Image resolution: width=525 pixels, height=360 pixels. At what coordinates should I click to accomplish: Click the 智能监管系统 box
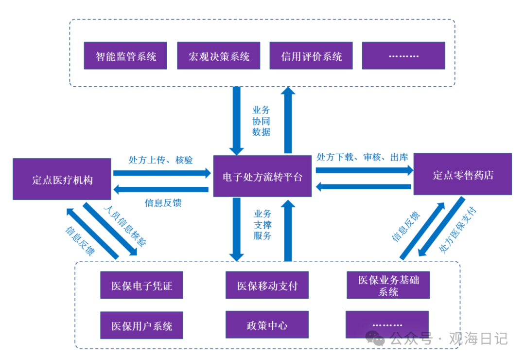(125, 55)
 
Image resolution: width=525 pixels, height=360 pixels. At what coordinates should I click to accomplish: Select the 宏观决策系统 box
(219, 55)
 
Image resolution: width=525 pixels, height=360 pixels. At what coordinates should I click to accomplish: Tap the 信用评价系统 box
(311, 55)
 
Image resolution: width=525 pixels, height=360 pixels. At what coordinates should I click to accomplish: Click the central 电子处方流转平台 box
(262, 176)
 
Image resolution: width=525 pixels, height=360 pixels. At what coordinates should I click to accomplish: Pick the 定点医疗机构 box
(62, 179)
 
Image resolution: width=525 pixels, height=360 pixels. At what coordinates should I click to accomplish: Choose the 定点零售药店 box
(463, 174)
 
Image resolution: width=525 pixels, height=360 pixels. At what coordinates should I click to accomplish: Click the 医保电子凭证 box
(141, 285)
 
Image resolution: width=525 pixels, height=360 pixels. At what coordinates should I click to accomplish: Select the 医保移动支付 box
(267, 285)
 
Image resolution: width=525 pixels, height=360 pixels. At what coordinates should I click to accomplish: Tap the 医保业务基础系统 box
(388, 285)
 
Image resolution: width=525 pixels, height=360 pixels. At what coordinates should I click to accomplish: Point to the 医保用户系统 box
(141, 325)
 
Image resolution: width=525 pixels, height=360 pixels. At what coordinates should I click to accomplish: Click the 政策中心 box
(267, 324)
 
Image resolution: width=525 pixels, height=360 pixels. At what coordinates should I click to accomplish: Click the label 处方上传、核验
(161, 160)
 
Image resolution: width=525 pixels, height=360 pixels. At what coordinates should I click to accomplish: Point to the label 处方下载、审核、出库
(363, 157)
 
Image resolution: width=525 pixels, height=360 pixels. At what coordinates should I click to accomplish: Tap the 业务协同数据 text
(261, 121)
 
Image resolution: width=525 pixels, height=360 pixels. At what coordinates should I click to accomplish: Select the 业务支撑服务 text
(262, 225)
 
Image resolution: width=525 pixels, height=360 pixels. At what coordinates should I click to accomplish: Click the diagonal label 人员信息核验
(125, 226)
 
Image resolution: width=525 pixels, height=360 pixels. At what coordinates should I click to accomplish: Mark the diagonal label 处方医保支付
(458, 230)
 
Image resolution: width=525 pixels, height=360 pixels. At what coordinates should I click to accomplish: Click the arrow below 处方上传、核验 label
(162, 173)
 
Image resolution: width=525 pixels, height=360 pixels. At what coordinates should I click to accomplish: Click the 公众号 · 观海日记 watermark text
(449, 339)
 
